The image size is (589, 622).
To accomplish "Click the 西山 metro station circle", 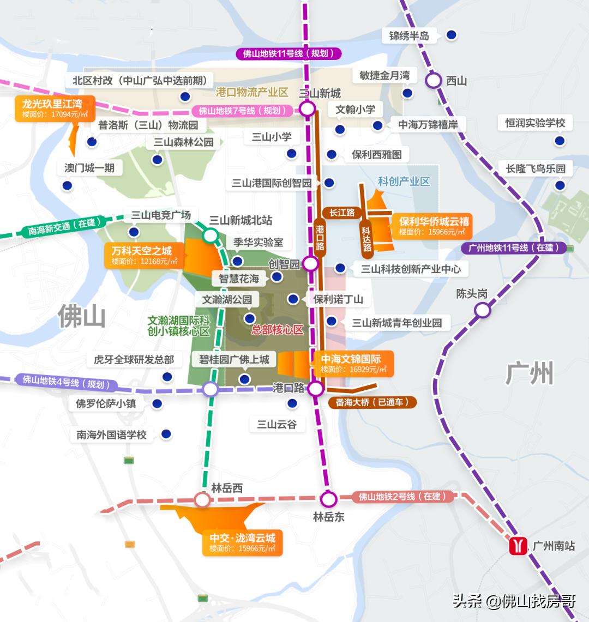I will coord(434,80).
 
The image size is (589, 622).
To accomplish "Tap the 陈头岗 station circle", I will coord(482,310).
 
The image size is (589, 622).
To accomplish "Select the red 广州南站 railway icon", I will coord(518,546).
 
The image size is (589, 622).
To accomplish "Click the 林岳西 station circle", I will coord(202,499).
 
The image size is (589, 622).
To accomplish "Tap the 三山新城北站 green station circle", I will coord(210,235).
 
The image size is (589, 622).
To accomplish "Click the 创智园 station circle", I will coord(310,264).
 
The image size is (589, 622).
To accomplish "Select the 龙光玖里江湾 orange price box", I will coord(55,108).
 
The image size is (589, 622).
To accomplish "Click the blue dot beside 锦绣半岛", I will coord(451,35).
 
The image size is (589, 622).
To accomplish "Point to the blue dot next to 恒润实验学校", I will coord(560,141).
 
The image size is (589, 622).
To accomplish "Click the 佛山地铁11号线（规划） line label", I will coord(289,53).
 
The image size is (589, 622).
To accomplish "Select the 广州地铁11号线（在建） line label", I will coord(510,247).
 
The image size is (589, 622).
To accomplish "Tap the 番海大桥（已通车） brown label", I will coord(372,403).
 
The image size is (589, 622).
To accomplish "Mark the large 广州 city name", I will coord(529,373).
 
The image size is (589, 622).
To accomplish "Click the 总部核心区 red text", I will coord(277,330).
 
